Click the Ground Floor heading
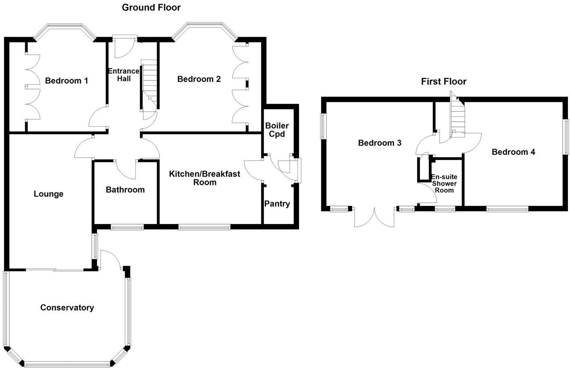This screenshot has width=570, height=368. click(151, 7)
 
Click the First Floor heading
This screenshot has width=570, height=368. click(444, 81)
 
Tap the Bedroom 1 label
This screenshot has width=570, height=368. click(66, 81)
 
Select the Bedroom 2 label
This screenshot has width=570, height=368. click(199, 79)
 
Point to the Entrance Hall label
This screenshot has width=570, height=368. click(124, 75)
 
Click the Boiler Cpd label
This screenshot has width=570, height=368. click(277, 130)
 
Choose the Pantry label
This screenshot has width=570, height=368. click(277, 204)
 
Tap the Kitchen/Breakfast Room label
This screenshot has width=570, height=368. click(204, 178)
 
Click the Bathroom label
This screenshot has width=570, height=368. click(125, 190)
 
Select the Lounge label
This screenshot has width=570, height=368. click(48, 194)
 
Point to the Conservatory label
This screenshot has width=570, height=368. click(67, 308)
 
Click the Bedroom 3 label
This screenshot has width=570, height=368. click(380, 143)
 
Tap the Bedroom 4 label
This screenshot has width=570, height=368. click(513, 152)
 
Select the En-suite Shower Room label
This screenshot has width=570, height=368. click(444, 183)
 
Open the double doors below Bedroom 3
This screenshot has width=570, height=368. click(374, 218)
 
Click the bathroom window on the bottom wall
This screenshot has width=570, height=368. click(127, 227)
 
